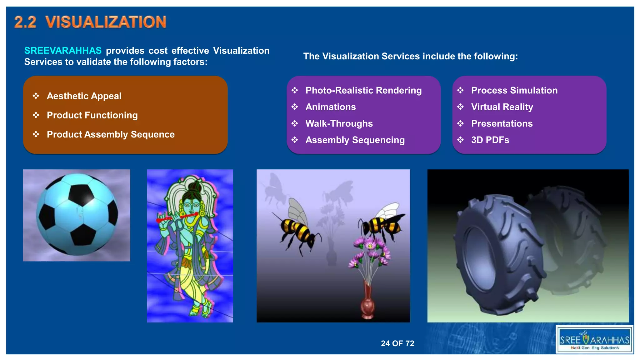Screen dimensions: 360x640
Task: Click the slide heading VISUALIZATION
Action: click(106, 22)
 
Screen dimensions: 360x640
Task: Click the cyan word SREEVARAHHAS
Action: click(63, 51)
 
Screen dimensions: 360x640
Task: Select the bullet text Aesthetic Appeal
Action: click(84, 96)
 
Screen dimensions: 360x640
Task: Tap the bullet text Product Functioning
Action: click(92, 115)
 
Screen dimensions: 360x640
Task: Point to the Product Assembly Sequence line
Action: click(111, 134)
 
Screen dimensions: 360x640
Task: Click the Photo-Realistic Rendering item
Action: click(363, 91)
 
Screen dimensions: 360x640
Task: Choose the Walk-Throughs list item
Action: click(339, 124)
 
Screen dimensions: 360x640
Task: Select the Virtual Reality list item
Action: click(502, 107)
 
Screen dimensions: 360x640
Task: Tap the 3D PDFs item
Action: click(490, 140)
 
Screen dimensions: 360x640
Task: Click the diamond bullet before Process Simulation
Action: click(460, 91)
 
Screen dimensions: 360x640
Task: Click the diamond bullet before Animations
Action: click(295, 107)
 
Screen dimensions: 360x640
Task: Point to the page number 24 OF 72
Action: click(397, 343)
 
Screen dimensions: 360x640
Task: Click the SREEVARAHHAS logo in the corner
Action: click(594, 340)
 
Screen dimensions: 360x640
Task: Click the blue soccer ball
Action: click(77, 214)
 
